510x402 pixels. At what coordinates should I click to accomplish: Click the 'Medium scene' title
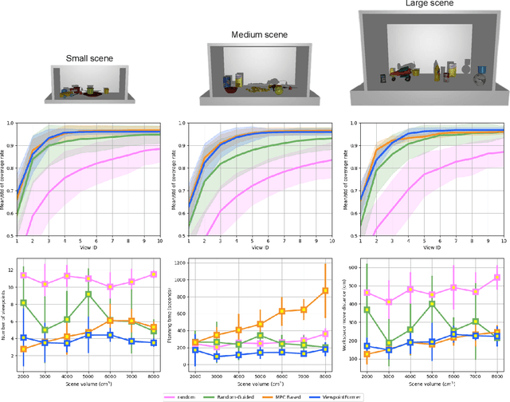click(x=258, y=36)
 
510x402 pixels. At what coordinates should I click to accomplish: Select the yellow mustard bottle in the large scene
click(x=440, y=73)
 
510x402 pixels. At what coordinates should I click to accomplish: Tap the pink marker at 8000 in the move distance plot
click(x=496, y=278)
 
